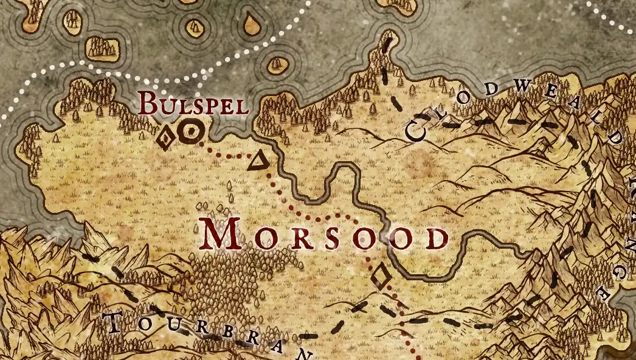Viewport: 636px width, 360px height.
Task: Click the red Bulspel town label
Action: (193, 105)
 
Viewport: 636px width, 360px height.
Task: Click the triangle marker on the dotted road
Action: (258, 161)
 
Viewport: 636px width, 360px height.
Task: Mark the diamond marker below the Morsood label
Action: (381, 277)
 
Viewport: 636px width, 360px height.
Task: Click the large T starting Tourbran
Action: (114, 322)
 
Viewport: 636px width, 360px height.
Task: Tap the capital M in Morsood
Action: (221, 234)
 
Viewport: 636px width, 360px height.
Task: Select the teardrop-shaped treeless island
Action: (249, 24)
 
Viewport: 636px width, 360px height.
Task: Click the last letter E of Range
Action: (604, 294)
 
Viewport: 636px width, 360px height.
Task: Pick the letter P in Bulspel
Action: (210, 106)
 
